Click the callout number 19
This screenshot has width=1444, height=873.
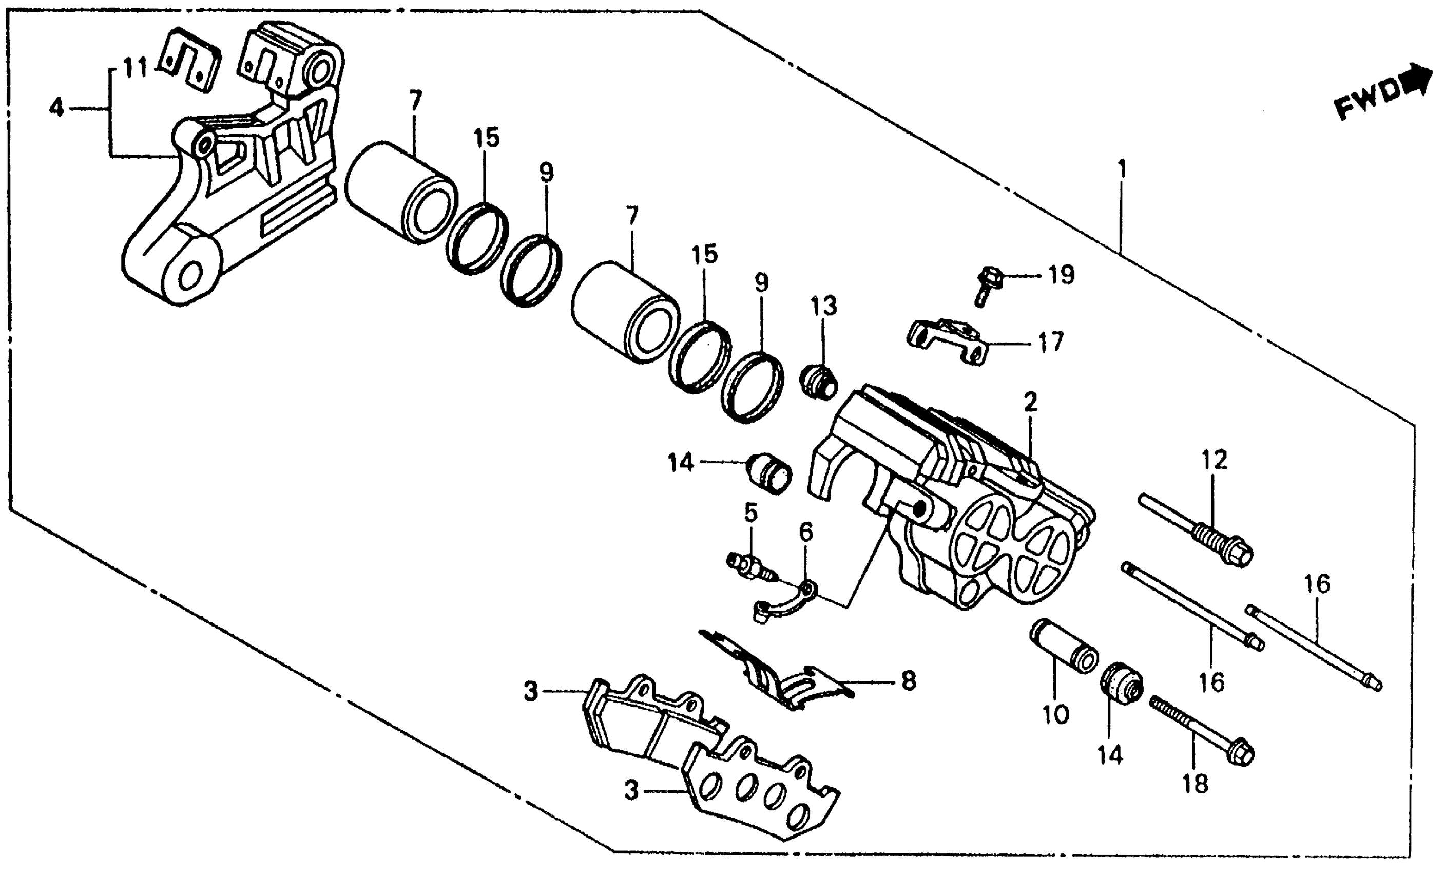[1062, 274]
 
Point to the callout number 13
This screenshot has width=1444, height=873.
[824, 306]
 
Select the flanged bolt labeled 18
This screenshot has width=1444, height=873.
[1201, 732]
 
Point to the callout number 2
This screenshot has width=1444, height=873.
[1030, 403]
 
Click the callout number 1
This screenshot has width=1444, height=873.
[1122, 170]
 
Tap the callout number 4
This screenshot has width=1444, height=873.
[56, 108]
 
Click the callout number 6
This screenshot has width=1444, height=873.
[806, 533]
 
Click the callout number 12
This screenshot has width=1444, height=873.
[1214, 460]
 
